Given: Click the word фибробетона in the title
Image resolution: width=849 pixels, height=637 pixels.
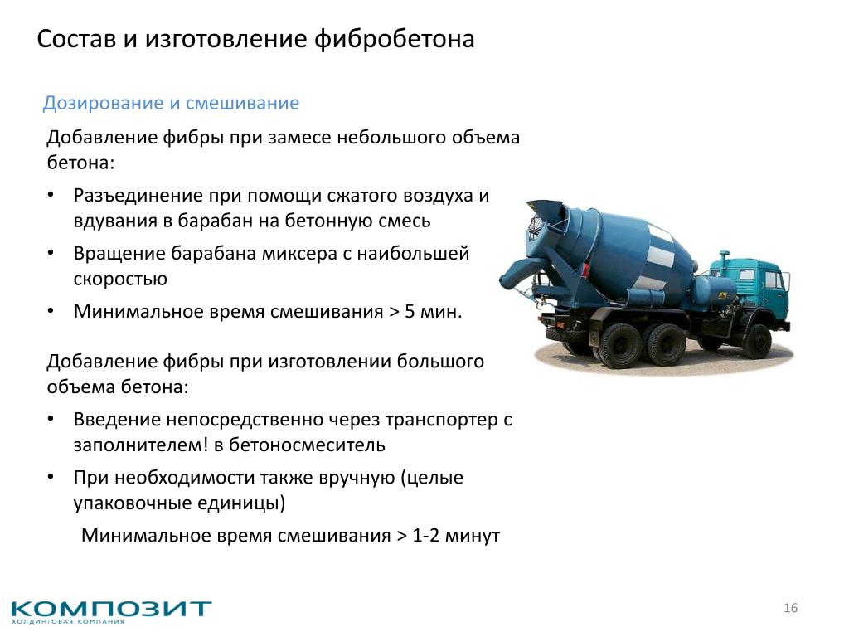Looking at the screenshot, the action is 394,40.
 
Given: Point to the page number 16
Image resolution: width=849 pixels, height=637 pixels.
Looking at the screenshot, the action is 790,608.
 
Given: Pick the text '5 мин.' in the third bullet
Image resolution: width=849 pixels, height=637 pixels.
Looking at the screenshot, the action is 433,312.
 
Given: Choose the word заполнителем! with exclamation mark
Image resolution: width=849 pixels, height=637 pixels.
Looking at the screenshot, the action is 141,445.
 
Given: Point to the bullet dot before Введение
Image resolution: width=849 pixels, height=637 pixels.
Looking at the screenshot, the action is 51,419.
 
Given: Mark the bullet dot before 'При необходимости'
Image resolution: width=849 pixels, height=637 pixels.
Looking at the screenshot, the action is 51,477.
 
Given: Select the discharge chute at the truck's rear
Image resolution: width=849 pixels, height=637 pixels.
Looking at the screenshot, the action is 517,275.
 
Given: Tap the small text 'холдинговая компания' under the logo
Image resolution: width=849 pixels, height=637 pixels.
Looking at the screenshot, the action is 68,622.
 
